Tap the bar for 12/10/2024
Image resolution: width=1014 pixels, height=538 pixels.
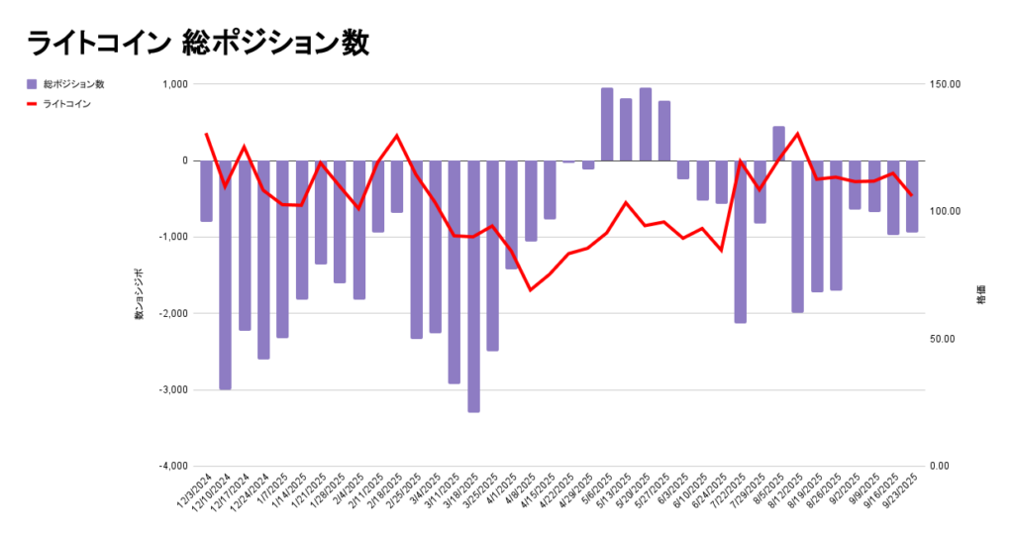pyautogui.click(x=226, y=274)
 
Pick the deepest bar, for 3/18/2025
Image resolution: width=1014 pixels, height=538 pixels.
pyautogui.click(x=473, y=285)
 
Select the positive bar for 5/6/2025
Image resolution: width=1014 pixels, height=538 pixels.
pyautogui.click(x=607, y=124)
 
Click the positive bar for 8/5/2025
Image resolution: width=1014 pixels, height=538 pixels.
pyautogui.click(x=778, y=144)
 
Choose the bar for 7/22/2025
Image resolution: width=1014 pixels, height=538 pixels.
pyautogui.click(x=741, y=241)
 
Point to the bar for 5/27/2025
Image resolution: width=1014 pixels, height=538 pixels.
pyautogui.click(x=664, y=131)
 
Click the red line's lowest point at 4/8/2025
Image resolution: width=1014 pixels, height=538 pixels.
pyautogui.click(x=531, y=289)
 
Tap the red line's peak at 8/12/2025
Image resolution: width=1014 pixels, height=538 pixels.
pyautogui.click(x=797, y=134)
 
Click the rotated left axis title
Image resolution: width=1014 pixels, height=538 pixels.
pyautogui.click(x=140, y=293)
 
